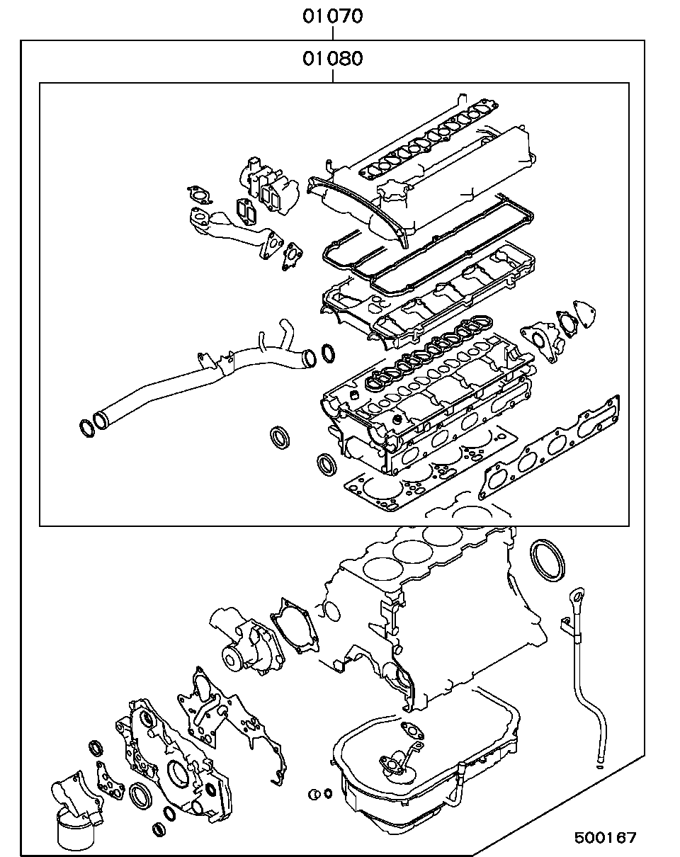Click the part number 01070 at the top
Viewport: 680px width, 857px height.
point(333,16)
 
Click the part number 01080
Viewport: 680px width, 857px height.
point(333,58)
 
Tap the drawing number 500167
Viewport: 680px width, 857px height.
point(606,838)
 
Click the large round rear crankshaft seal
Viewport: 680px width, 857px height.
point(549,560)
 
